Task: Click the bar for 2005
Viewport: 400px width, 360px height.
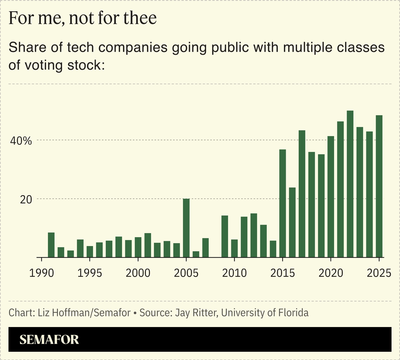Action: click(x=186, y=228)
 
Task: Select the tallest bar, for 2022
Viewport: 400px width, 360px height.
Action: click(x=350, y=184)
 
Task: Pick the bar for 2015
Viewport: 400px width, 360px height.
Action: click(x=283, y=203)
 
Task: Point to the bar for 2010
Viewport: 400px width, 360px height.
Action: click(x=234, y=248)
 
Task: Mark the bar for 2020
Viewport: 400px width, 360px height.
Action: click(x=331, y=197)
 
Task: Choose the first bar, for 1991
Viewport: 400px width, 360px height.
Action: click(x=51, y=245)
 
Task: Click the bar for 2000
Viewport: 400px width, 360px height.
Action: click(x=138, y=247)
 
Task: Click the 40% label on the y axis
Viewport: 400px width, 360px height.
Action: click(x=20, y=141)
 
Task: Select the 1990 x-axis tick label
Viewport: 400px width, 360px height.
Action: click(x=42, y=273)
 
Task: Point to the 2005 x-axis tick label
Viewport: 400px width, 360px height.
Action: click(x=186, y=273)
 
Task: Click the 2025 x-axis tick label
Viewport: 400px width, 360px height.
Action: click(x=378, y=273)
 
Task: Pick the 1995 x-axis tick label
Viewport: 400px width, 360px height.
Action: click(x=90, y=273)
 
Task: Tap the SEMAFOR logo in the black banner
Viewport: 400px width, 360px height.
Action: click(x=49, y=340)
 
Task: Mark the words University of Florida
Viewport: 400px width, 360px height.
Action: click(x=265, y=313)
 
